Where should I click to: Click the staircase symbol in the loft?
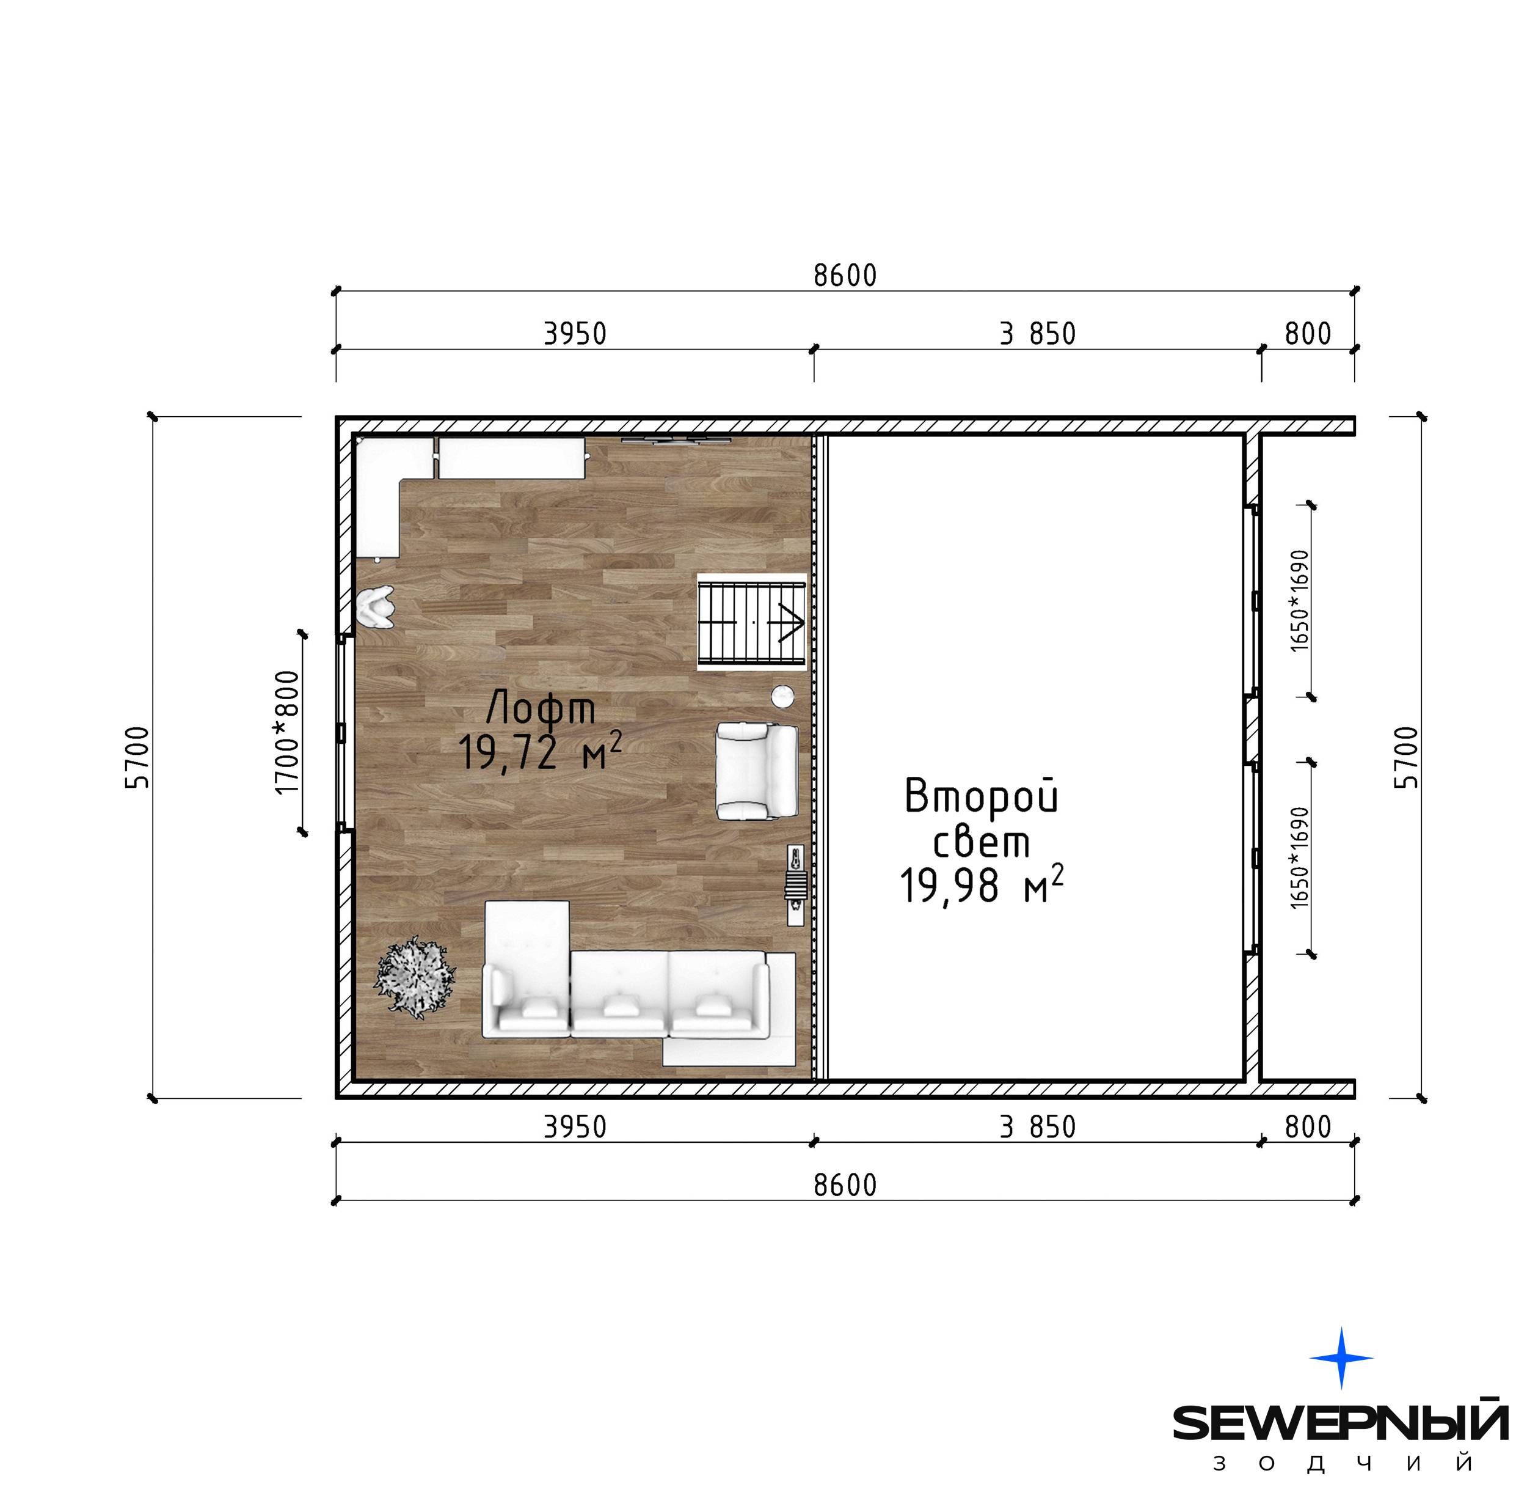752,622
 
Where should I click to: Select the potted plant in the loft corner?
416,978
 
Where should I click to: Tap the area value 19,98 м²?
982,885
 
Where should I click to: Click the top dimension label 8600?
845,276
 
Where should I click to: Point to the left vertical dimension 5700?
137,758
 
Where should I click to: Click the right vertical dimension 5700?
1406,758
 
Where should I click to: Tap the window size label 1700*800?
287,733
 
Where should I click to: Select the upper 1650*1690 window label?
1299,601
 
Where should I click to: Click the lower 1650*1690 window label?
1299,857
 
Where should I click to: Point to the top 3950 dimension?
575,334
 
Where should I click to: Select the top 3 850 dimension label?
1038,334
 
